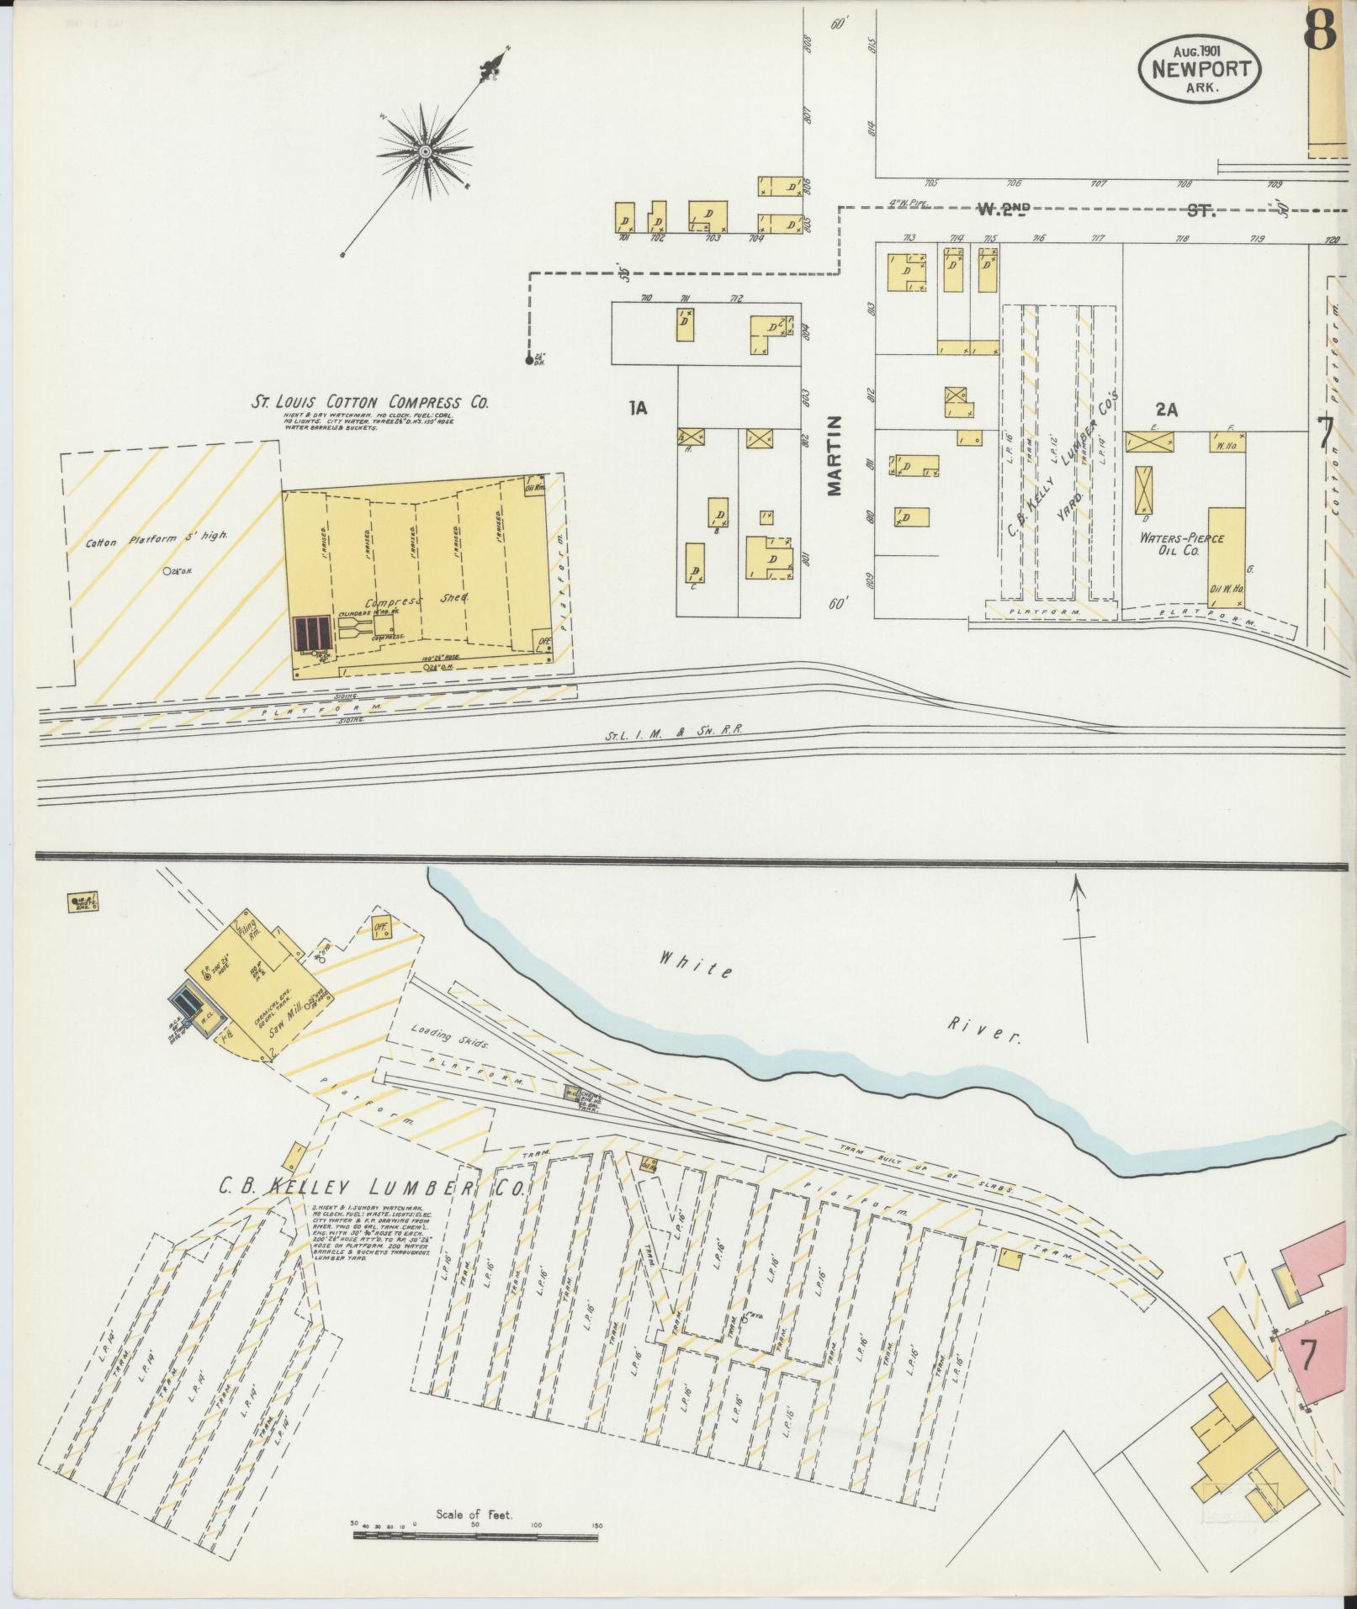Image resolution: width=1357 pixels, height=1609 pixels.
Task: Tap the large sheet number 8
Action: click(1320, 31)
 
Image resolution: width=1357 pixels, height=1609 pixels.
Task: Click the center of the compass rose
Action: click(426, 151)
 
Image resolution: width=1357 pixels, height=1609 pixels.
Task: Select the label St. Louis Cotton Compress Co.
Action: click(371, 403)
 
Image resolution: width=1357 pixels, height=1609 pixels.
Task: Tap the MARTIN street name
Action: click(835, 455)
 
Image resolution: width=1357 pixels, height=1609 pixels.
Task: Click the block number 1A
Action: click(638, 409)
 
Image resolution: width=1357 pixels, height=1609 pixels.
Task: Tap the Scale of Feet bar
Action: click(476, 1535)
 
